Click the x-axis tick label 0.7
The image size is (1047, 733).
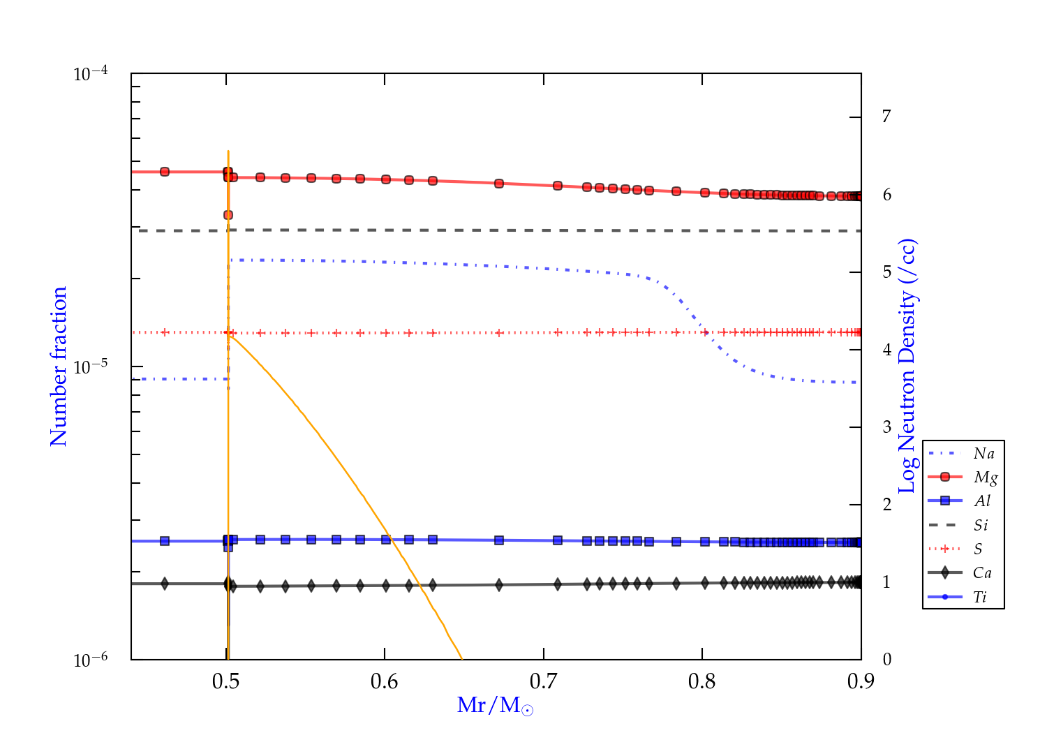click(543, 681)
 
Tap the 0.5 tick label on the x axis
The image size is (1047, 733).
click(226, 681)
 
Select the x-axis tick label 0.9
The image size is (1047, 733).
click(861, 681)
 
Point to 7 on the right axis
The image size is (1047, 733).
click(886, 117)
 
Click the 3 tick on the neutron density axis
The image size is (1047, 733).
click(886, 427)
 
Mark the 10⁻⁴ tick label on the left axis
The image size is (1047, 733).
click(91, 74)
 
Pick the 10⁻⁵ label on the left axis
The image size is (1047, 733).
click(91, 366)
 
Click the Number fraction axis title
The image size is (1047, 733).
click(59, 366)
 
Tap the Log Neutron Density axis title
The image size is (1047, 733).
click(907, 366)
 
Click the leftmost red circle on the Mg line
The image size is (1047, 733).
click(165, 172)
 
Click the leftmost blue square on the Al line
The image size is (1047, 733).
click(165, 541)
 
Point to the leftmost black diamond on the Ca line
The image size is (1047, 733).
click(165, 584)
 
